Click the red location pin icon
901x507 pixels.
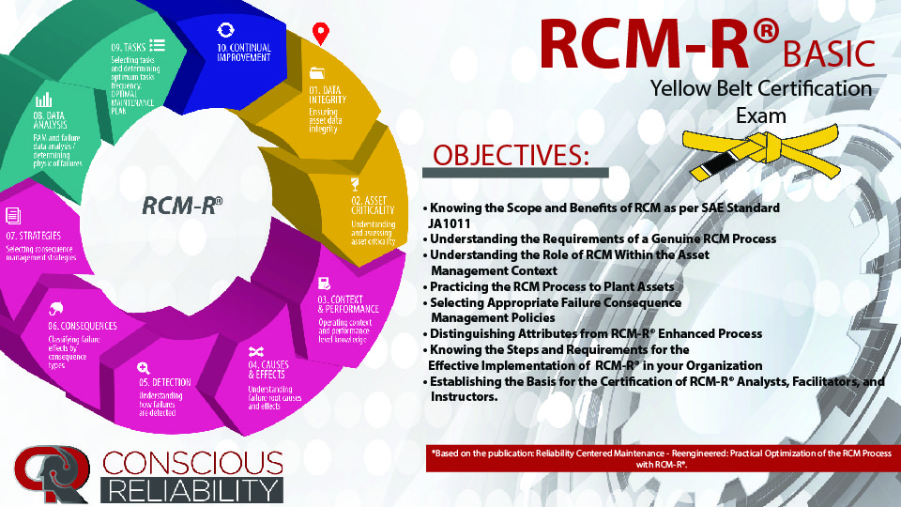[321, 34]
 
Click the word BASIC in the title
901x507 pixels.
[829, 54]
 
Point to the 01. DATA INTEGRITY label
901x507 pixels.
[328, 95]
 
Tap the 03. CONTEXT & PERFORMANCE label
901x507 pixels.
[348, 304]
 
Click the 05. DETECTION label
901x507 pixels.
[165, 383]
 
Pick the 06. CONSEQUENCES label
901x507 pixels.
[83, 326]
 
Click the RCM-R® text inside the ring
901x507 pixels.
[183, 205]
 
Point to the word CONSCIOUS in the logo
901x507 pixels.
[192, 462]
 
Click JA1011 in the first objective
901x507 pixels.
[450, 223]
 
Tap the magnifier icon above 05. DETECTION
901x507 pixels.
[144, 368]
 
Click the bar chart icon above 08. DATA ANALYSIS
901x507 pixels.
[43, 100]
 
